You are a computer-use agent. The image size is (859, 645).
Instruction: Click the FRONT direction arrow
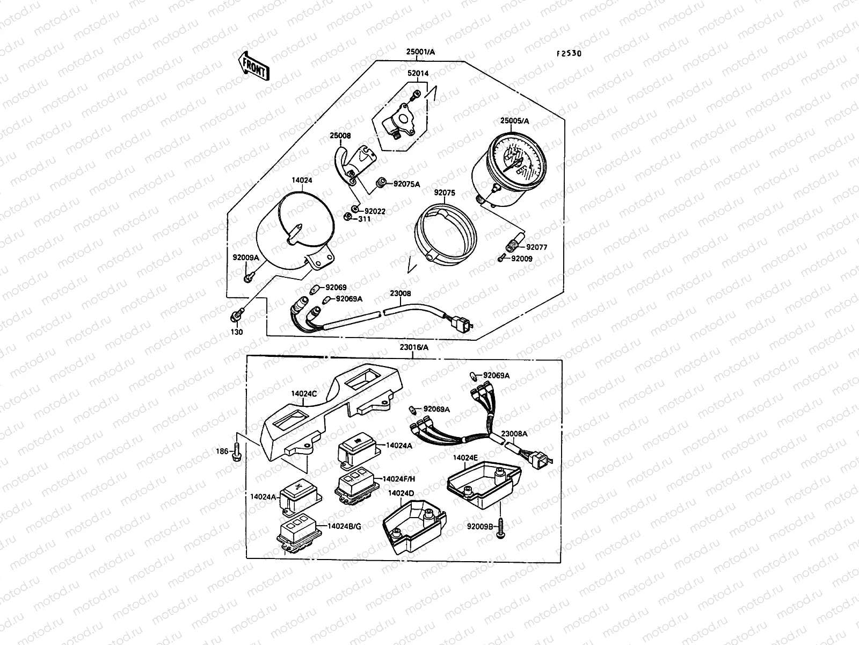[x=253, y=66]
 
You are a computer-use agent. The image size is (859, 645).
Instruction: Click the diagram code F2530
[x=569, y=54]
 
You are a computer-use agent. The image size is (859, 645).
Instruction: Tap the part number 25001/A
[x=420, y=52]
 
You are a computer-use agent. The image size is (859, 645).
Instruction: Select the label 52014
[x=418, y=73]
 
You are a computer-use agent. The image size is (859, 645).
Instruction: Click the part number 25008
[x=340, y=135]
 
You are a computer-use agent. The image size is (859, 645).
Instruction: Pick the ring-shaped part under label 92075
[x=446, y=234]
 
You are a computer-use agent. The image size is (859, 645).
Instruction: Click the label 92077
[x=536, y=247]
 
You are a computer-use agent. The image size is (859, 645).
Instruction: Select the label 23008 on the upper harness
[x=401, y=293]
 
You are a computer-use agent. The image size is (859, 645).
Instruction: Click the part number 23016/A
[x=414, y=347]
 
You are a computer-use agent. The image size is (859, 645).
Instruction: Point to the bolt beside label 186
[x=236, y=451]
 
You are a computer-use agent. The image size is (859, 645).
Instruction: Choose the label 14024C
[x=304, y=393]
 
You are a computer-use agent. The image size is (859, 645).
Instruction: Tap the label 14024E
[x=465, y=457]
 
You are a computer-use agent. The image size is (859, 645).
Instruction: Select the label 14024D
[x=401, y=493]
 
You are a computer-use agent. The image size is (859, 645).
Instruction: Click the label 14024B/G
[x=344, y=526]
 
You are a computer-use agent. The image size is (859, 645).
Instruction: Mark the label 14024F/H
[x=399, y=479]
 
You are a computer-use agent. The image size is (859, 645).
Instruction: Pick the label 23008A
[x=514, y=434]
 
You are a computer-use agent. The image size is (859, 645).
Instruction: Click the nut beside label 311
[x=347, y=217]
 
